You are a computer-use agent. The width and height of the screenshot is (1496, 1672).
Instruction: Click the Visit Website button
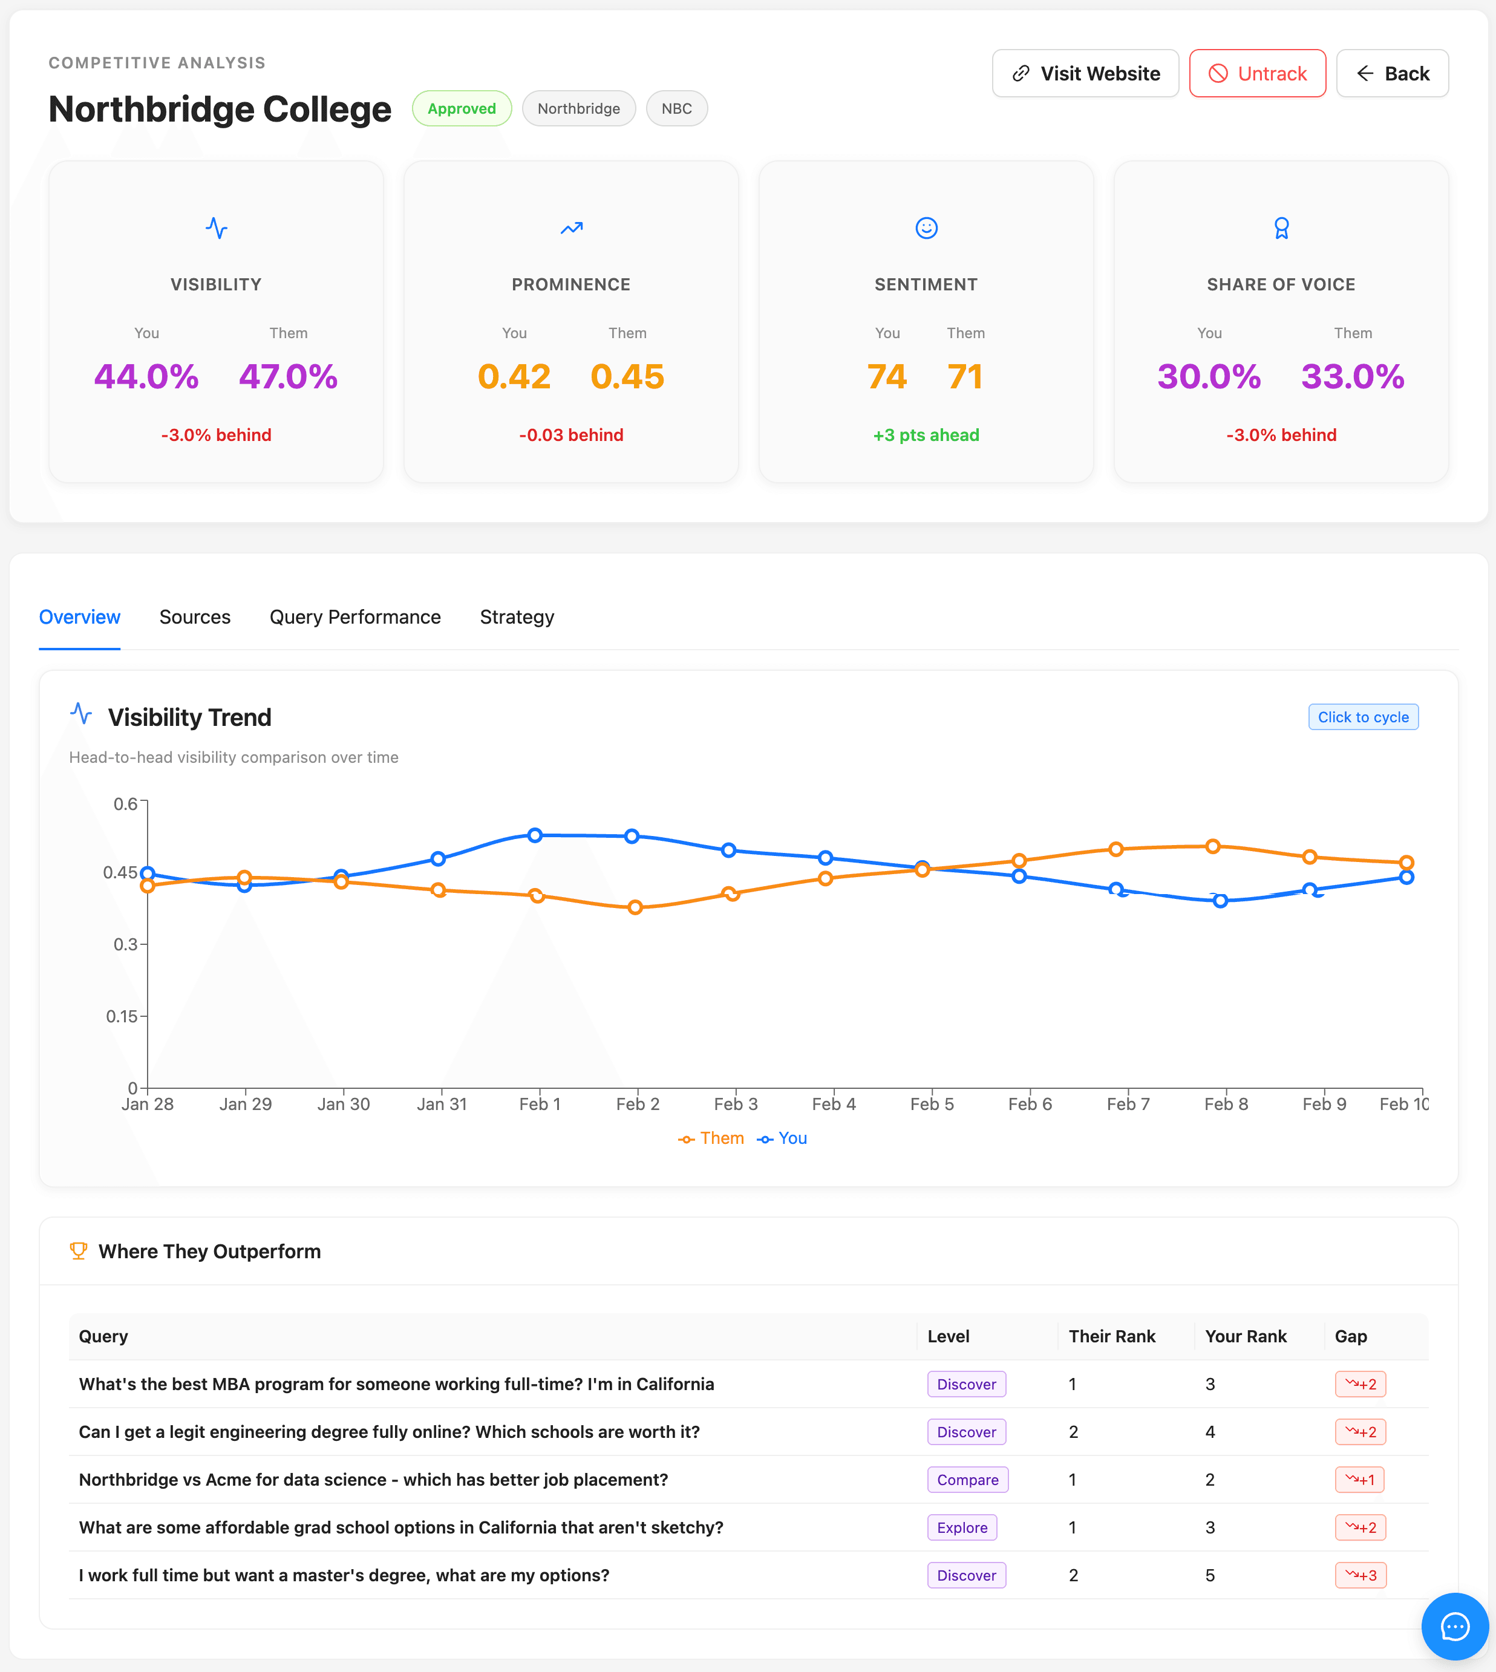(x=1085, y=74)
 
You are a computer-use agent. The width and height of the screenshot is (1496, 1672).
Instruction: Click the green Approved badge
(x=461, y=108)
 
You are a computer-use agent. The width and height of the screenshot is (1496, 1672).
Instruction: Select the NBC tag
(x=676, y=108)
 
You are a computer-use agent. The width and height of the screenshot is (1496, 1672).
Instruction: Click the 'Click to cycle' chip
(x=1362, y=717)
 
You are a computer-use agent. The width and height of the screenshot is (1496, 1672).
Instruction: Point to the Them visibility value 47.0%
(x=288, y=376)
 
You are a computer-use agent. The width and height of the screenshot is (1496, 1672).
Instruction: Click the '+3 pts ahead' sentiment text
(x=926, y=435)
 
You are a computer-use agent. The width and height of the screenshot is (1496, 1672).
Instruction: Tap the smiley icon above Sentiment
(x=926, y=227)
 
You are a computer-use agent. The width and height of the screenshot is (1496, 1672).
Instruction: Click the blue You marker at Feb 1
(x=535, y=835)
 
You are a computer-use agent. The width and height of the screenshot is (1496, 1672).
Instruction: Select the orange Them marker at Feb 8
(x=1212, y=846)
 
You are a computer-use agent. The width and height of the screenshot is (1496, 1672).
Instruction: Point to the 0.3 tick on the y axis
(x=125, y=944)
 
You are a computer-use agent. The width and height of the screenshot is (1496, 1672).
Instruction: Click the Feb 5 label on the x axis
(x=932, y=1104)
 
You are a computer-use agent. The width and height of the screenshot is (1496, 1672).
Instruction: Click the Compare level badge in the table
(x=967, y=1480)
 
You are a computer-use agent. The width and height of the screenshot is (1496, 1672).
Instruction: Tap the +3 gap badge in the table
(x=1360, y=1575)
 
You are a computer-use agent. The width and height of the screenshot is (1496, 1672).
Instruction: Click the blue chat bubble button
(x=1454, y=1625)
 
